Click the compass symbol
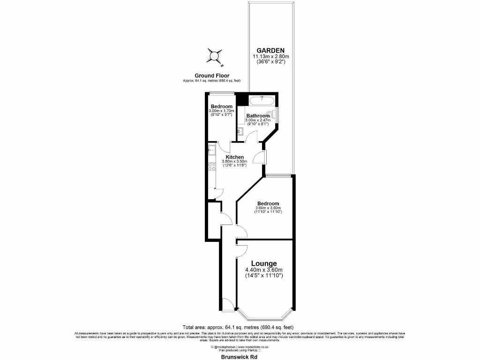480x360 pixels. pos(214,57)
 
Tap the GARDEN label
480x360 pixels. pos(270,51)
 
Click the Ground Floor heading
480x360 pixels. pos(212,75)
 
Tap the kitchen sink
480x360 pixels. pos(211,150)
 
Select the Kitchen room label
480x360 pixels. pos(234,157)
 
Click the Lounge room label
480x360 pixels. pos(264,263)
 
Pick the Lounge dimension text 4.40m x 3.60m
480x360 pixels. pos(264,270)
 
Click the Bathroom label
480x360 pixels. pos(258,116)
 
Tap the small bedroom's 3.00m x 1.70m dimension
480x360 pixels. pos(221,111)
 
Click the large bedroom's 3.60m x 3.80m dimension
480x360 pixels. pos(268,208)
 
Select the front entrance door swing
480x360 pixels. pos(228,303)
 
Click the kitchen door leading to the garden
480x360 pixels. pos(258,157)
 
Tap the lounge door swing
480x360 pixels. pos(242,249)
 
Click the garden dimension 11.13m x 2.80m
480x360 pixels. pos(270,57)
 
